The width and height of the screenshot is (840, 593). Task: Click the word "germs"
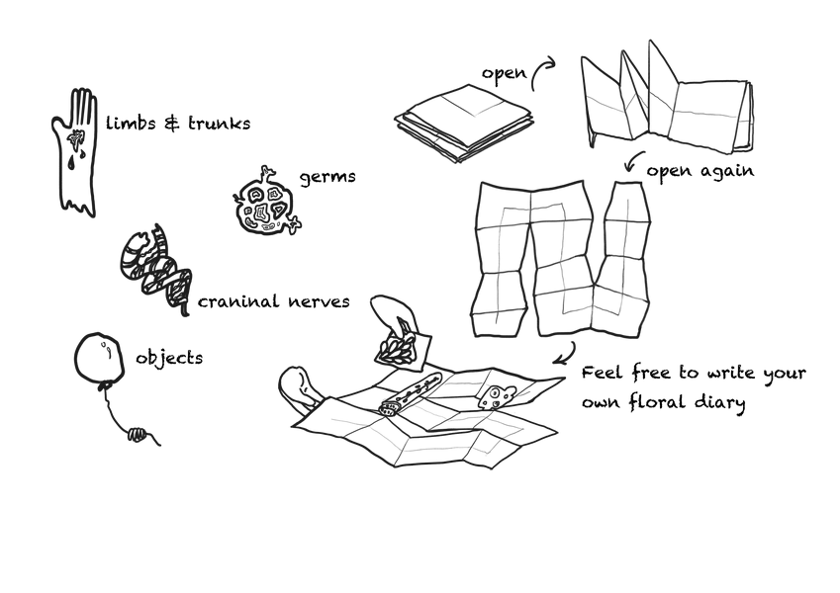(x=327, y=178)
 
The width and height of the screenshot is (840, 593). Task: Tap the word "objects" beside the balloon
(x=169, y=358)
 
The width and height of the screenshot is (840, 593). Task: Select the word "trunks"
(x=219, y=124)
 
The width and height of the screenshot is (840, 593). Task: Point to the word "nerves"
(x=319, y=301)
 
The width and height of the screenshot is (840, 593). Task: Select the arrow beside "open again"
(x=632, y=160)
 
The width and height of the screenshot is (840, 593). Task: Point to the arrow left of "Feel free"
(x=568, y=355)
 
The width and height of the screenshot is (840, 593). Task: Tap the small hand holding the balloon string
(x=138, y=434)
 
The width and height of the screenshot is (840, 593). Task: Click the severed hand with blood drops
(x=75, y=151)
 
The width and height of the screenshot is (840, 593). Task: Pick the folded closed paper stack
(x=464, y=123)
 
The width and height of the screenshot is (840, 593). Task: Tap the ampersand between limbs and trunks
(x=171, y=124)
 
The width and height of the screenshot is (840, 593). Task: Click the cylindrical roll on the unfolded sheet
(x=410, y=395)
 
